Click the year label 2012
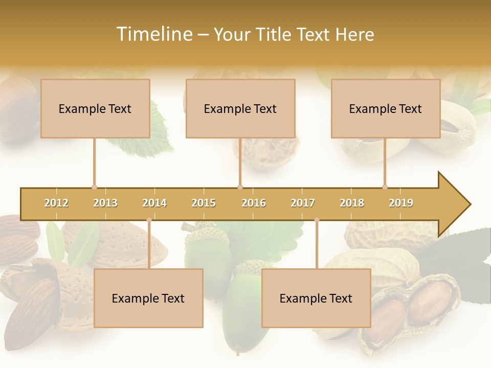[x=56, y=203]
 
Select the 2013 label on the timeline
[x=105, y=203]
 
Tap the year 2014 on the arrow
[x=154, y=203]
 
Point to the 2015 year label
[x=204, y=203]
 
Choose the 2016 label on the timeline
[x=254, y=203]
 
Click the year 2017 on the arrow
[x=303, y=203]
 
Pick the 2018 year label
[x=352, y=203]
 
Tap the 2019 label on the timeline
[x=401, y=203]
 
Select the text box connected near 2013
[x=95, y=108]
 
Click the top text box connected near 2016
[x=240, y=108]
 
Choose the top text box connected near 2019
[x=386, y=108]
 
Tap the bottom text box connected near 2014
[x=148, y=298]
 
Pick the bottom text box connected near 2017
[x=316, y=298]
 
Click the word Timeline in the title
[x=154, y=34]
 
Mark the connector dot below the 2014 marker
[x=149, y=220]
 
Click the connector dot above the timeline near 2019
[x=385, y=187]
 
